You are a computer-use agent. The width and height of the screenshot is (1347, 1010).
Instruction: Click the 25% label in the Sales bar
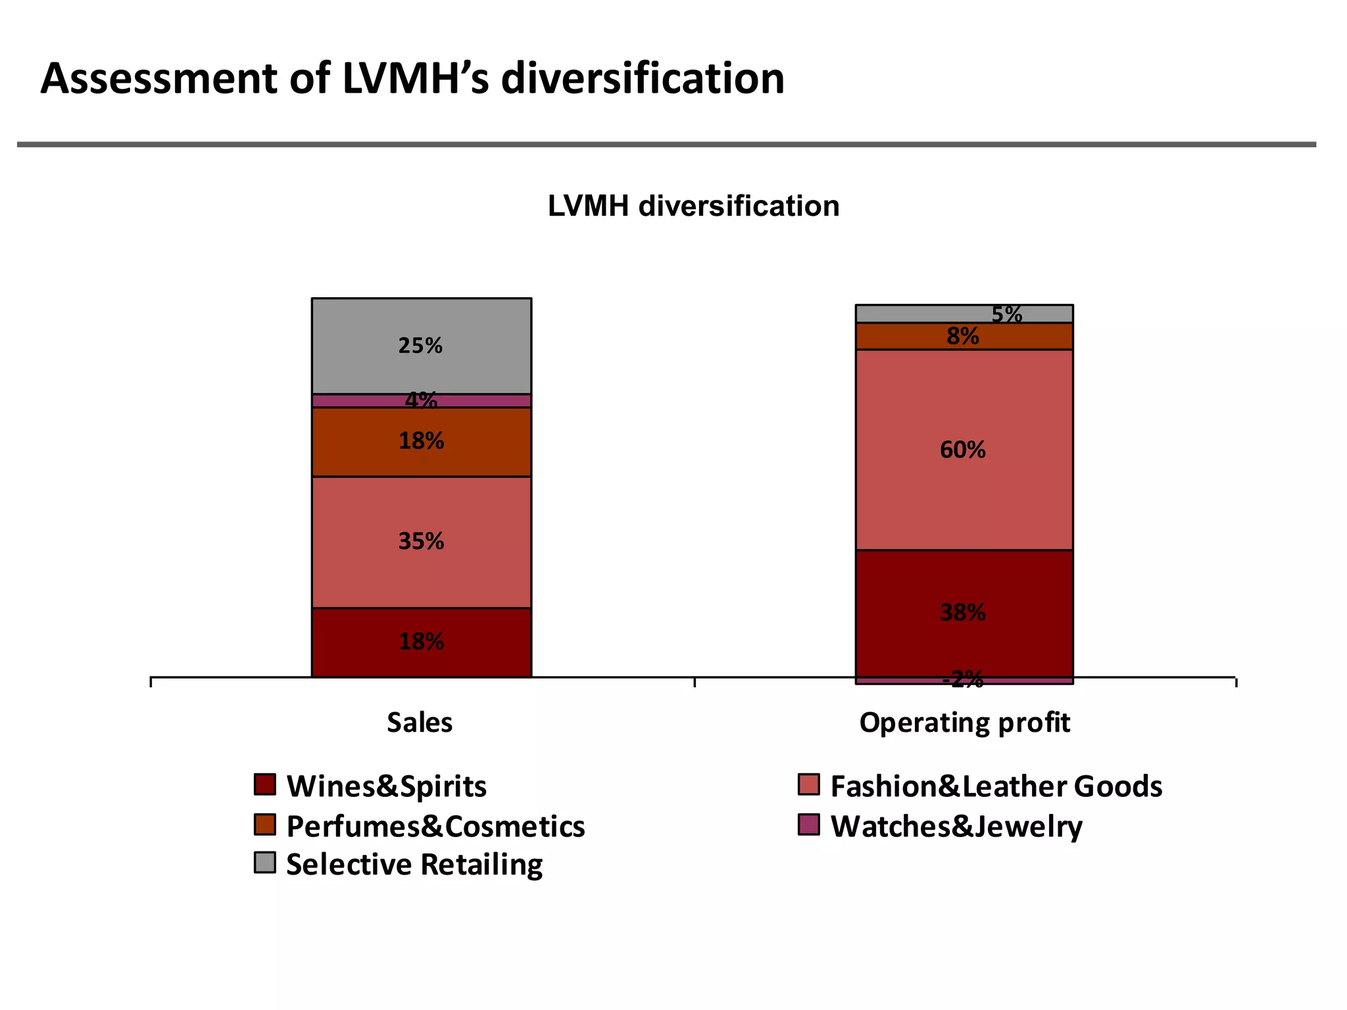click(420, 346)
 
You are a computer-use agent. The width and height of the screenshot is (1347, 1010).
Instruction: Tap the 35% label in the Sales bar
click(421, 542)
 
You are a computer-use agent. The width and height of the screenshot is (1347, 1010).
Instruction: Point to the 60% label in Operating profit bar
click(962, 450)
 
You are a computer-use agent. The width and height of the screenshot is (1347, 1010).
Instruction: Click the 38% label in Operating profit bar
click(962, 613)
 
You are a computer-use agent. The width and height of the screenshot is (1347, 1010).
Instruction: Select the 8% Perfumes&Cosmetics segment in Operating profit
click(908, 336)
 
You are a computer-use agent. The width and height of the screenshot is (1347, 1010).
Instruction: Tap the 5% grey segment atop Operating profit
click(921, 314)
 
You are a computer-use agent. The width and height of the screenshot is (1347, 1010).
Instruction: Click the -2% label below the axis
click(962, 679)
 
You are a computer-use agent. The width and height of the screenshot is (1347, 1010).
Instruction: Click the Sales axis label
click(420, 723)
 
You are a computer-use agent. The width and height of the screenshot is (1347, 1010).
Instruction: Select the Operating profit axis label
click(964, 723)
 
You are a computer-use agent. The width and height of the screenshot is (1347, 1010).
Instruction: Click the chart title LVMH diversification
click(693, 206)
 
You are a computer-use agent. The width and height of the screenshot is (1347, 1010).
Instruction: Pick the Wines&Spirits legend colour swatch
click(264, 784)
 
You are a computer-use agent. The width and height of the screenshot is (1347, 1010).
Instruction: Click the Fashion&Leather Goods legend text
click(996, 786)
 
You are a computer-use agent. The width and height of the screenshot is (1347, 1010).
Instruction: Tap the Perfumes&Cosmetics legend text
click(435, 827)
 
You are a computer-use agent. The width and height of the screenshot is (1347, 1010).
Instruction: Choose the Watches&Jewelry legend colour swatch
click(809, 825)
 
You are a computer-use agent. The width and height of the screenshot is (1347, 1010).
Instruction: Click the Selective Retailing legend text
click(414, 865)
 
